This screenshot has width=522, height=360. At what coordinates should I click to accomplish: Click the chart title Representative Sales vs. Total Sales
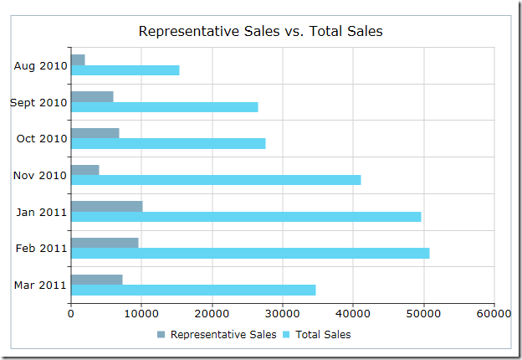[x=261, y=31]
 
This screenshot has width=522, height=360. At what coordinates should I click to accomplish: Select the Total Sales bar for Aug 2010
[x=125, y=70]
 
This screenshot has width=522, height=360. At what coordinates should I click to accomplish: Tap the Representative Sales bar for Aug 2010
[x=79, y=60]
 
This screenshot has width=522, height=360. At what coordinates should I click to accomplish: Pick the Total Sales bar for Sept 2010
[x=165, y=107]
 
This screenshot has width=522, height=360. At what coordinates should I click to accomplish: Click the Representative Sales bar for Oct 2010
[x=95, y=133]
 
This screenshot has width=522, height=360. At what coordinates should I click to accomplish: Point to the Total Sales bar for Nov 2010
[x=216, y=180]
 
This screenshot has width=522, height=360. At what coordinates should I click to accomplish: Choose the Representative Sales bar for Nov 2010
[x=85, y=170]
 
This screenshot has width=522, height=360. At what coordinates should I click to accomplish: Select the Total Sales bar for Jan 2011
[x=246, y=217]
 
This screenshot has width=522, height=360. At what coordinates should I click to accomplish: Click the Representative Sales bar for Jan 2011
[x=107, y=207]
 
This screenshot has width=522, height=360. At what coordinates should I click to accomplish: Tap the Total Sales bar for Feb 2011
[x=250, y=253]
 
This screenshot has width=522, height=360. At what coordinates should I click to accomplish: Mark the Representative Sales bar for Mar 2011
[x=97, y=280]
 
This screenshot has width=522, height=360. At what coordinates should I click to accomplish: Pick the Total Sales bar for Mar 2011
[x=193, y=290]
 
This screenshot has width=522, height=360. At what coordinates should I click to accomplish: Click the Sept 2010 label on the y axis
[x=38, y=103]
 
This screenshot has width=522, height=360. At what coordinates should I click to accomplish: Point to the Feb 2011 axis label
[x=41, y=249]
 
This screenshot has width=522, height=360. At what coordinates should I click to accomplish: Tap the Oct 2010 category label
[x=42, y=138]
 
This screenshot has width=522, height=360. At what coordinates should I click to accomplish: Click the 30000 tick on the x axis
[x=283, y=314]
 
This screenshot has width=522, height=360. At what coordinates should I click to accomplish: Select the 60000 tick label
[x=494, y=314]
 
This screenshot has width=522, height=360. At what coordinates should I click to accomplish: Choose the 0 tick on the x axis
[x=70, y=314]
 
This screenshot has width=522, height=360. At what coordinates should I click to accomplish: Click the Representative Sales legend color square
[x=161, y=335]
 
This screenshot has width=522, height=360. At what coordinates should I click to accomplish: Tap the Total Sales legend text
[x=323, y=335]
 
